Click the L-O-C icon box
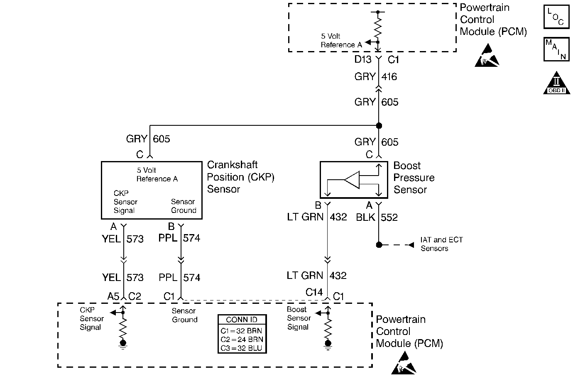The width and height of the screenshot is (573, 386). pyautogui.click(x=556, y=17)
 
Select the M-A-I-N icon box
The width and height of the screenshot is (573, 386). pyautogui.click(x=556, y=49)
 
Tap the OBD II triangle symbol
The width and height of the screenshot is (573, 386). pyautogui.click(x=556, y=83)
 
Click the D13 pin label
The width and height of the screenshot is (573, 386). pyautogui.click(x=362, y=59)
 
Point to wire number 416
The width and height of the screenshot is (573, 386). pyautogui.click(x=389, y=77)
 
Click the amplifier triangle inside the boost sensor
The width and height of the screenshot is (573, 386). pyautogui.click(x=351, y=180)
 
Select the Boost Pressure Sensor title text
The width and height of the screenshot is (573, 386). pyautogui.click(x=414, y=178)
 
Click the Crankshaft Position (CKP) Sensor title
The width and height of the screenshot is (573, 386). pyautogui.click(x=240, y=177)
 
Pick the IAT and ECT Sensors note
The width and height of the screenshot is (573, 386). pyautogui.click(x=441, y=244)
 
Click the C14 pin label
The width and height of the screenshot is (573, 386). pyautogui.click(x=314, y=293)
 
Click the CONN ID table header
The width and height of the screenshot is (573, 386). pyautogui.click(x=242, y=320)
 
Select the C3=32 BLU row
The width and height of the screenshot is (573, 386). pyautogui.click(x=242, y=348)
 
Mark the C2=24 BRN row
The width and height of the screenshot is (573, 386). pyautogui.click(x=242, y=339)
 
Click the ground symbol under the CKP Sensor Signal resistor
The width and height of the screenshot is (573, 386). pyautogui.click(x=123, y=344)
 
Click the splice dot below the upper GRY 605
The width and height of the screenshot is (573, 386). pyautogui.click(x=379, y=125)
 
